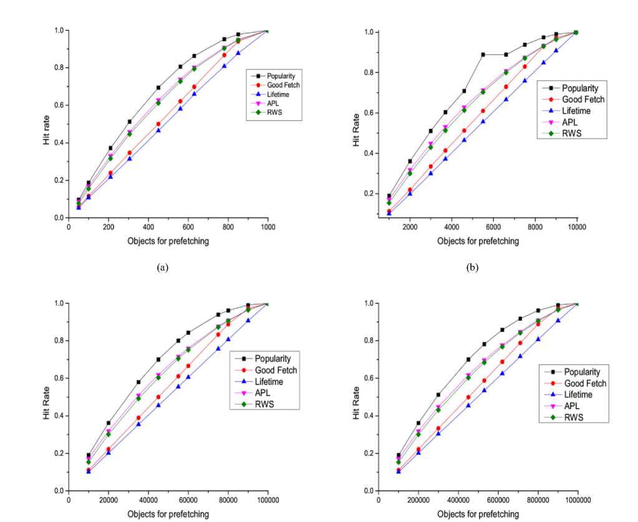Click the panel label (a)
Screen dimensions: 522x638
point(163,268)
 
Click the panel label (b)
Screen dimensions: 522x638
point(472,268)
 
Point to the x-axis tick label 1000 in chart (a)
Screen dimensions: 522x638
point(268,228)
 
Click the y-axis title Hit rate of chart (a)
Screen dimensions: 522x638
point(47,130)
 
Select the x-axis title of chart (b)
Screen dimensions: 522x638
point(478,241)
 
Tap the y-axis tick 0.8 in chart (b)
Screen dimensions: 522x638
point(368,72)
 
